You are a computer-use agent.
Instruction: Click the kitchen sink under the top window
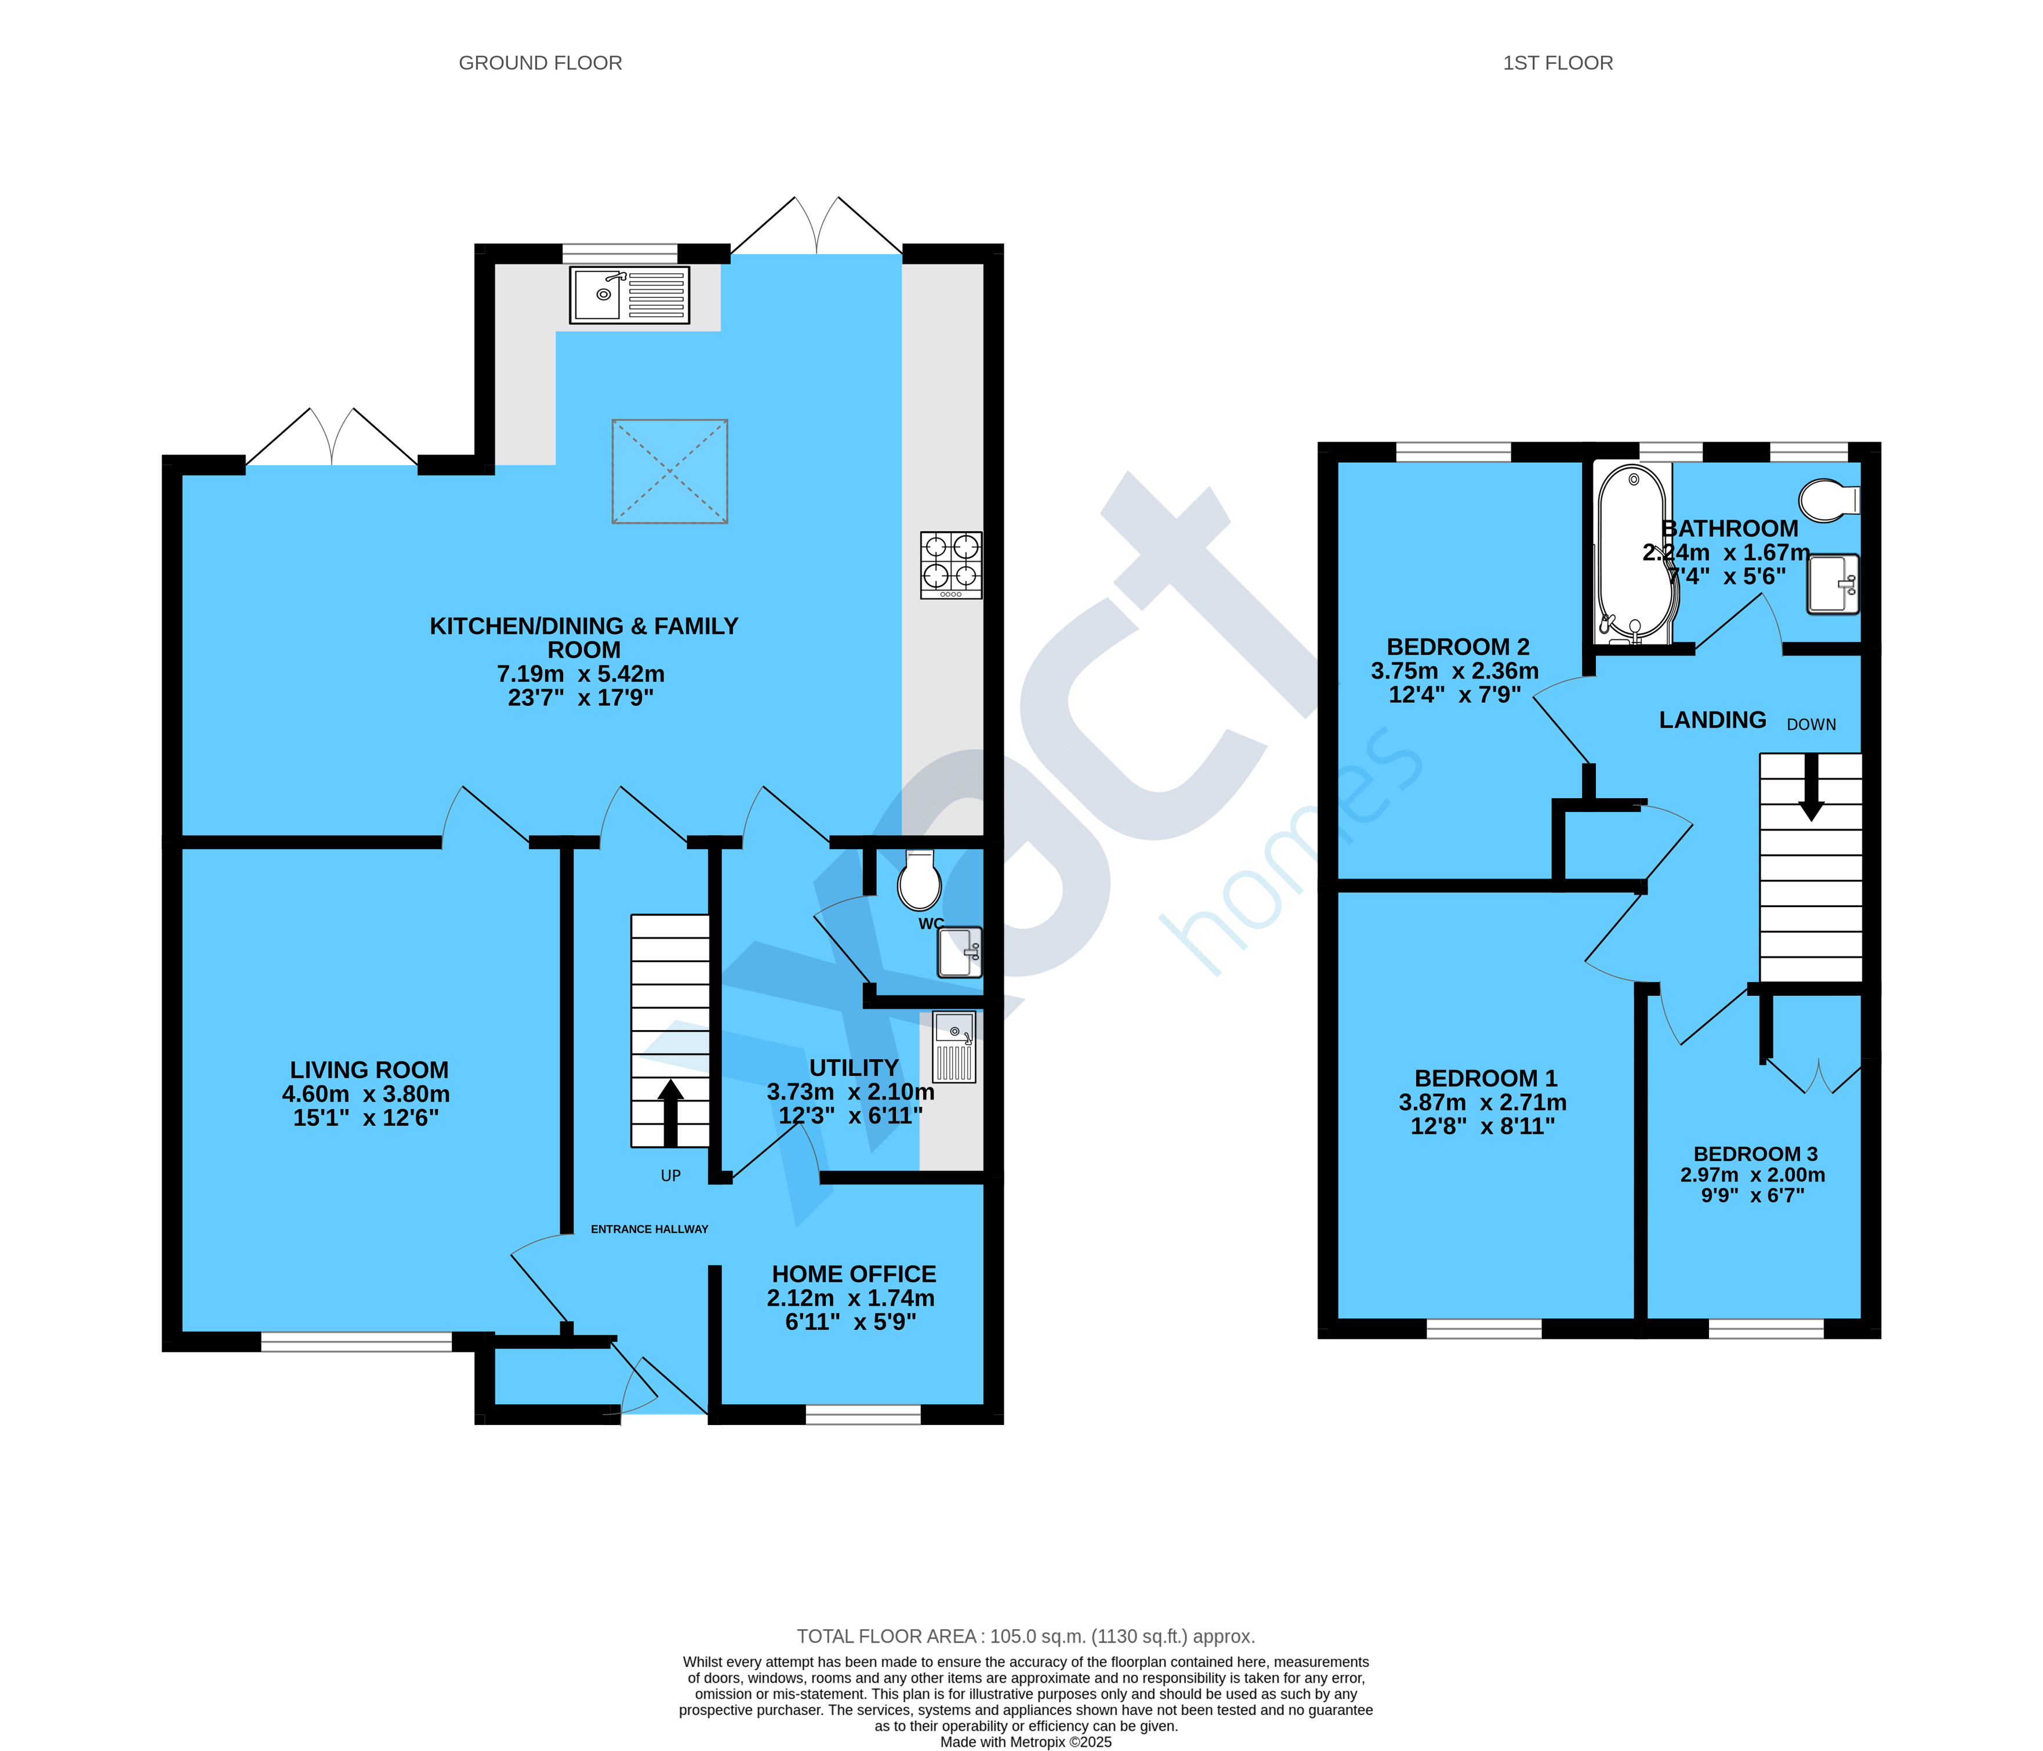(629, 295)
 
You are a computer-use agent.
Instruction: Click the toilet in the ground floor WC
(919, 880)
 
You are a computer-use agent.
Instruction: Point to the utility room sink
(953, 1047)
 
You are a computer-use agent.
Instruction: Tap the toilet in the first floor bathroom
(1829, 500)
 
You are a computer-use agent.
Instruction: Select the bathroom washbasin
(1832, 583)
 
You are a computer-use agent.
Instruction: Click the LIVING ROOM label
(369, 1070)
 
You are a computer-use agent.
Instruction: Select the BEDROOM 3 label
(1755, 1154)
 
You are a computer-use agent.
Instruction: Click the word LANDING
(1712, 720)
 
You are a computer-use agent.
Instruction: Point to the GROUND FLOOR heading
(540, 63)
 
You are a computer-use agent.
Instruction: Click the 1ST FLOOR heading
(1558, 63)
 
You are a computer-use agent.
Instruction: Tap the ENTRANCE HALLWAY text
(649, 1228)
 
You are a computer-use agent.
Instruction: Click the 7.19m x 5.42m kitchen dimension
(580, 675)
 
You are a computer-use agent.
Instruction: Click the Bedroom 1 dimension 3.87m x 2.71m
(1482, 1102)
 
